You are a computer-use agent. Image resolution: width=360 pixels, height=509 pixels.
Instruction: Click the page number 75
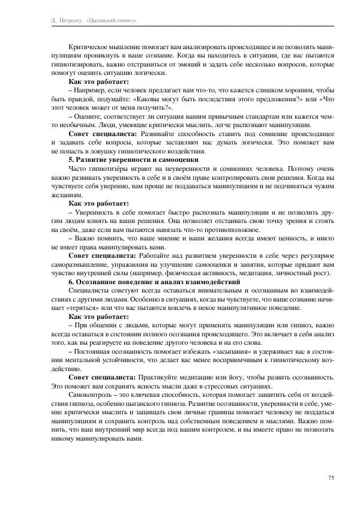(331, 477)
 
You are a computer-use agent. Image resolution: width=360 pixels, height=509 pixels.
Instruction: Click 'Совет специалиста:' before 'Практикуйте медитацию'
(102, 377)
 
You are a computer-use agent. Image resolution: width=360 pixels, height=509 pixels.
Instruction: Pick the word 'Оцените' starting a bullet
(89, 115)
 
